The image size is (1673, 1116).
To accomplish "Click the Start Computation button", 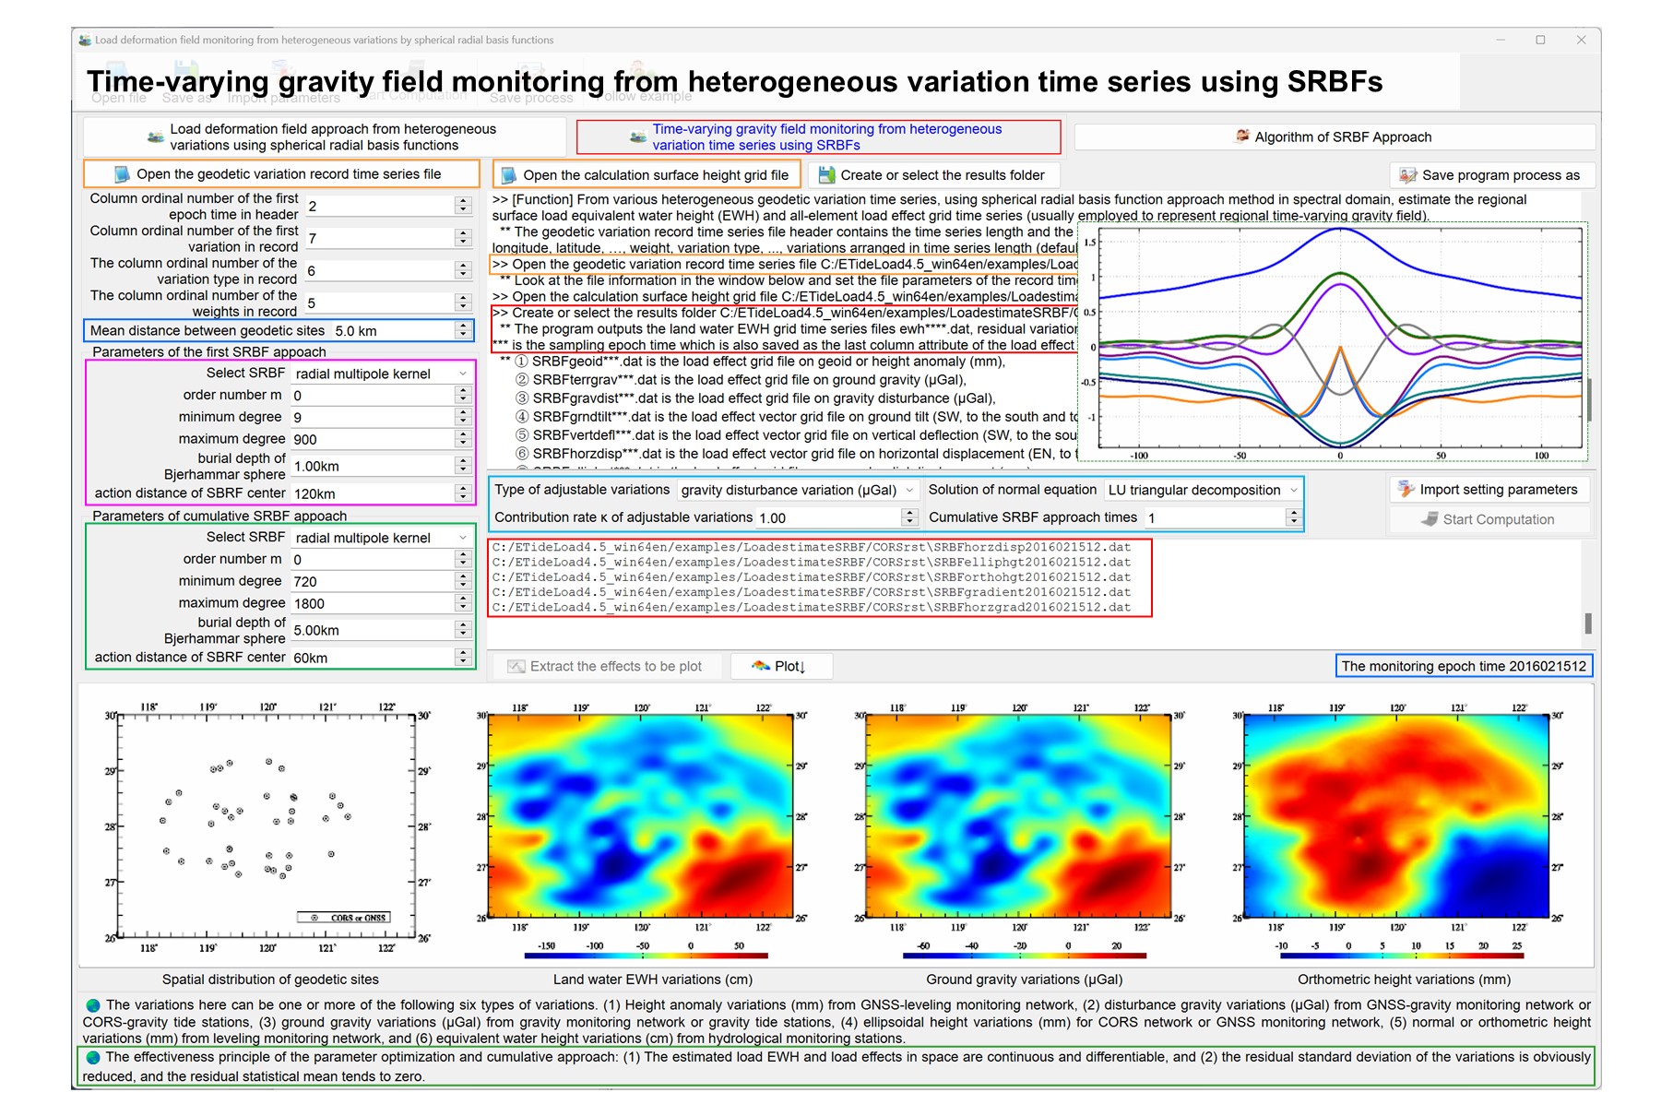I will (1489, 519).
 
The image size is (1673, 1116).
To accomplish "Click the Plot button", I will (780, 666).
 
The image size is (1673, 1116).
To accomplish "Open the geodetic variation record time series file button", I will (280, 174).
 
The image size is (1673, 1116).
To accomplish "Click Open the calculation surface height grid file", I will (647, 175).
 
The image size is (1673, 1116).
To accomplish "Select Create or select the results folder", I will (932, 175).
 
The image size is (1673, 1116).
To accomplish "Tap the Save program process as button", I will (1490, 175).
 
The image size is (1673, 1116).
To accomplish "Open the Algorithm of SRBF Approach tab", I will (1334, 137).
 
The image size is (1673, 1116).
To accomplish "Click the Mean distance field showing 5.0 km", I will (393, 331).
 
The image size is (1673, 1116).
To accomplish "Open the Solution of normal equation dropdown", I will (1202, 490).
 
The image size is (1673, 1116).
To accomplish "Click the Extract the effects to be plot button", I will (606, 666).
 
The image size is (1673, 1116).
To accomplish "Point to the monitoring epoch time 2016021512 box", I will (1463, 666).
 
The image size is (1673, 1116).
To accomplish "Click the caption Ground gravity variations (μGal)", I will (1024, 979).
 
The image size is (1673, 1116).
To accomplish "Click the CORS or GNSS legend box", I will (343, 918).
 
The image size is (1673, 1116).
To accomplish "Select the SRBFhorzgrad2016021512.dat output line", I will (811, 608).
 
